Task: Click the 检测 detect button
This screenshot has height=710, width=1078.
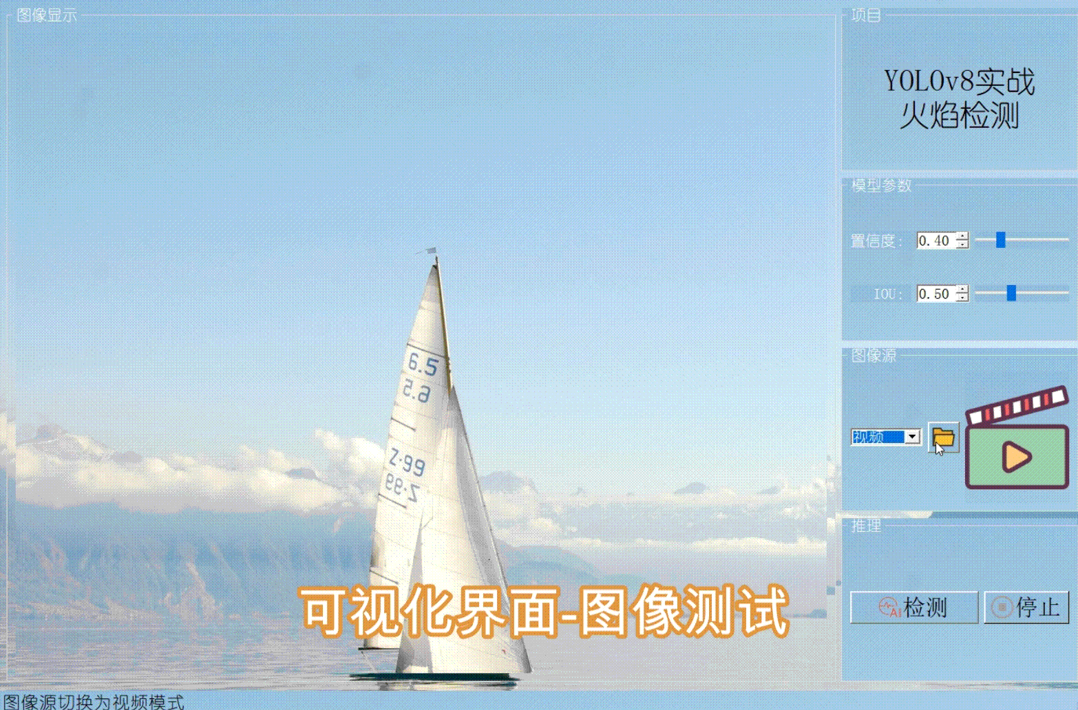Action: pyautogui.click(x=913, y=607)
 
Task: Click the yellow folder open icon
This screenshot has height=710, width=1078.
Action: pyautogui.click(x=943, y=437)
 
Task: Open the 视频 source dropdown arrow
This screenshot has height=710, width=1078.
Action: pyautogui.click(x=912, y=437)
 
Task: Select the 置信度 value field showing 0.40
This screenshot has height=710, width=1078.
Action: pyautogui.click(x=934, y=241)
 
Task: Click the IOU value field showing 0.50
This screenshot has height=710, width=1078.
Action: pyautogui.click(x=934, y=294)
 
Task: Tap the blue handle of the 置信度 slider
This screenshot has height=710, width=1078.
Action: pyautogui.click(x=1001, y=239)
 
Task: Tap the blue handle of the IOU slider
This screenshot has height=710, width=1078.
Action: pyautogui.click(x=1011, y=293)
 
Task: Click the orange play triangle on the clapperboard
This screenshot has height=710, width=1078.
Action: pyautogui.click(x=1016, y=456)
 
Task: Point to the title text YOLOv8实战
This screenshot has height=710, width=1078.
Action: pyautogui.click(x=959, y=82)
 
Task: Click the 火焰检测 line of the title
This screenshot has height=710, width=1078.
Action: pyautogui.click(x=959, y=116)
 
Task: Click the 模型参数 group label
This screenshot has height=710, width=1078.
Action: pyautogui.click(x=881, y=185)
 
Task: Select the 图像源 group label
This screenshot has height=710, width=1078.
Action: pyautogui.click(x=874, y=356)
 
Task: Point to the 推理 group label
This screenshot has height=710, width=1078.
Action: pyautogui.click(x=866, y=526)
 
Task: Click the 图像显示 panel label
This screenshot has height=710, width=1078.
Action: pyautogui.click(x=47, y=15)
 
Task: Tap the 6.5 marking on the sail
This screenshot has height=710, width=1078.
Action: pyautogui.click(x=422, y=363)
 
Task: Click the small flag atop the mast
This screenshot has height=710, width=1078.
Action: pyautogui.click(x=430, y=252)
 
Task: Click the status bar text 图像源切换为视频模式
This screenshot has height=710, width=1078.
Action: pyautogui.click(x=94, y=702)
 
